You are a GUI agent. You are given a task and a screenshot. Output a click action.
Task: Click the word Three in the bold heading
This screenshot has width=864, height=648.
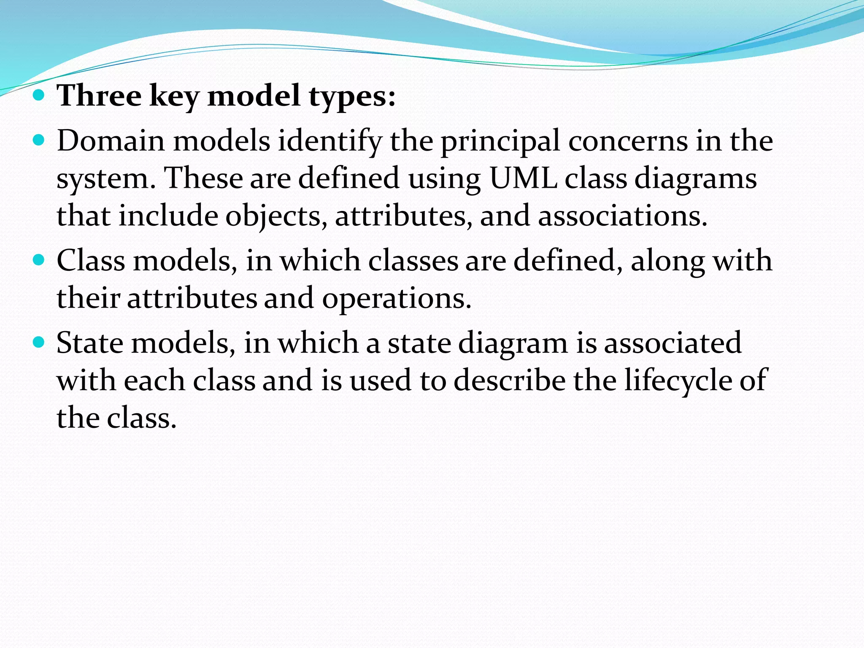point(99,95)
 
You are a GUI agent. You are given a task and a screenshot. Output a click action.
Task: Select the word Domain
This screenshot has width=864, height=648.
point(111,140)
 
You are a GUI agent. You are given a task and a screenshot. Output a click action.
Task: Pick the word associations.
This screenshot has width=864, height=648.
point(622,216)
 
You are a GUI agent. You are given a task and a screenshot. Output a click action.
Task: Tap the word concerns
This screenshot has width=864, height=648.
point(628,141)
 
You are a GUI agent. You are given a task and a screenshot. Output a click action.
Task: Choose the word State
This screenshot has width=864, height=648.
point(90,343)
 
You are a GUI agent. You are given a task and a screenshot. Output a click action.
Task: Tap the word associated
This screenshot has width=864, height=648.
point(673,343)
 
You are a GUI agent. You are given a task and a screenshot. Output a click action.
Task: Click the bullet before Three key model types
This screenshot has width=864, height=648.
point(38,95)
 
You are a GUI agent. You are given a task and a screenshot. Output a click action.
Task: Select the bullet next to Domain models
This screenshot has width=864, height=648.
point(38,140)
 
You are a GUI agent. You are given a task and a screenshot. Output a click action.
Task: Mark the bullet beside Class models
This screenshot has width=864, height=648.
point(38,260)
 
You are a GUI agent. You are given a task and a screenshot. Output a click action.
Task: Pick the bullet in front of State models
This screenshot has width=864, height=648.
point(38,343)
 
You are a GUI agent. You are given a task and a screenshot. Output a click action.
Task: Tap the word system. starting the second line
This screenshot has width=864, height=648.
point(103,179)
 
